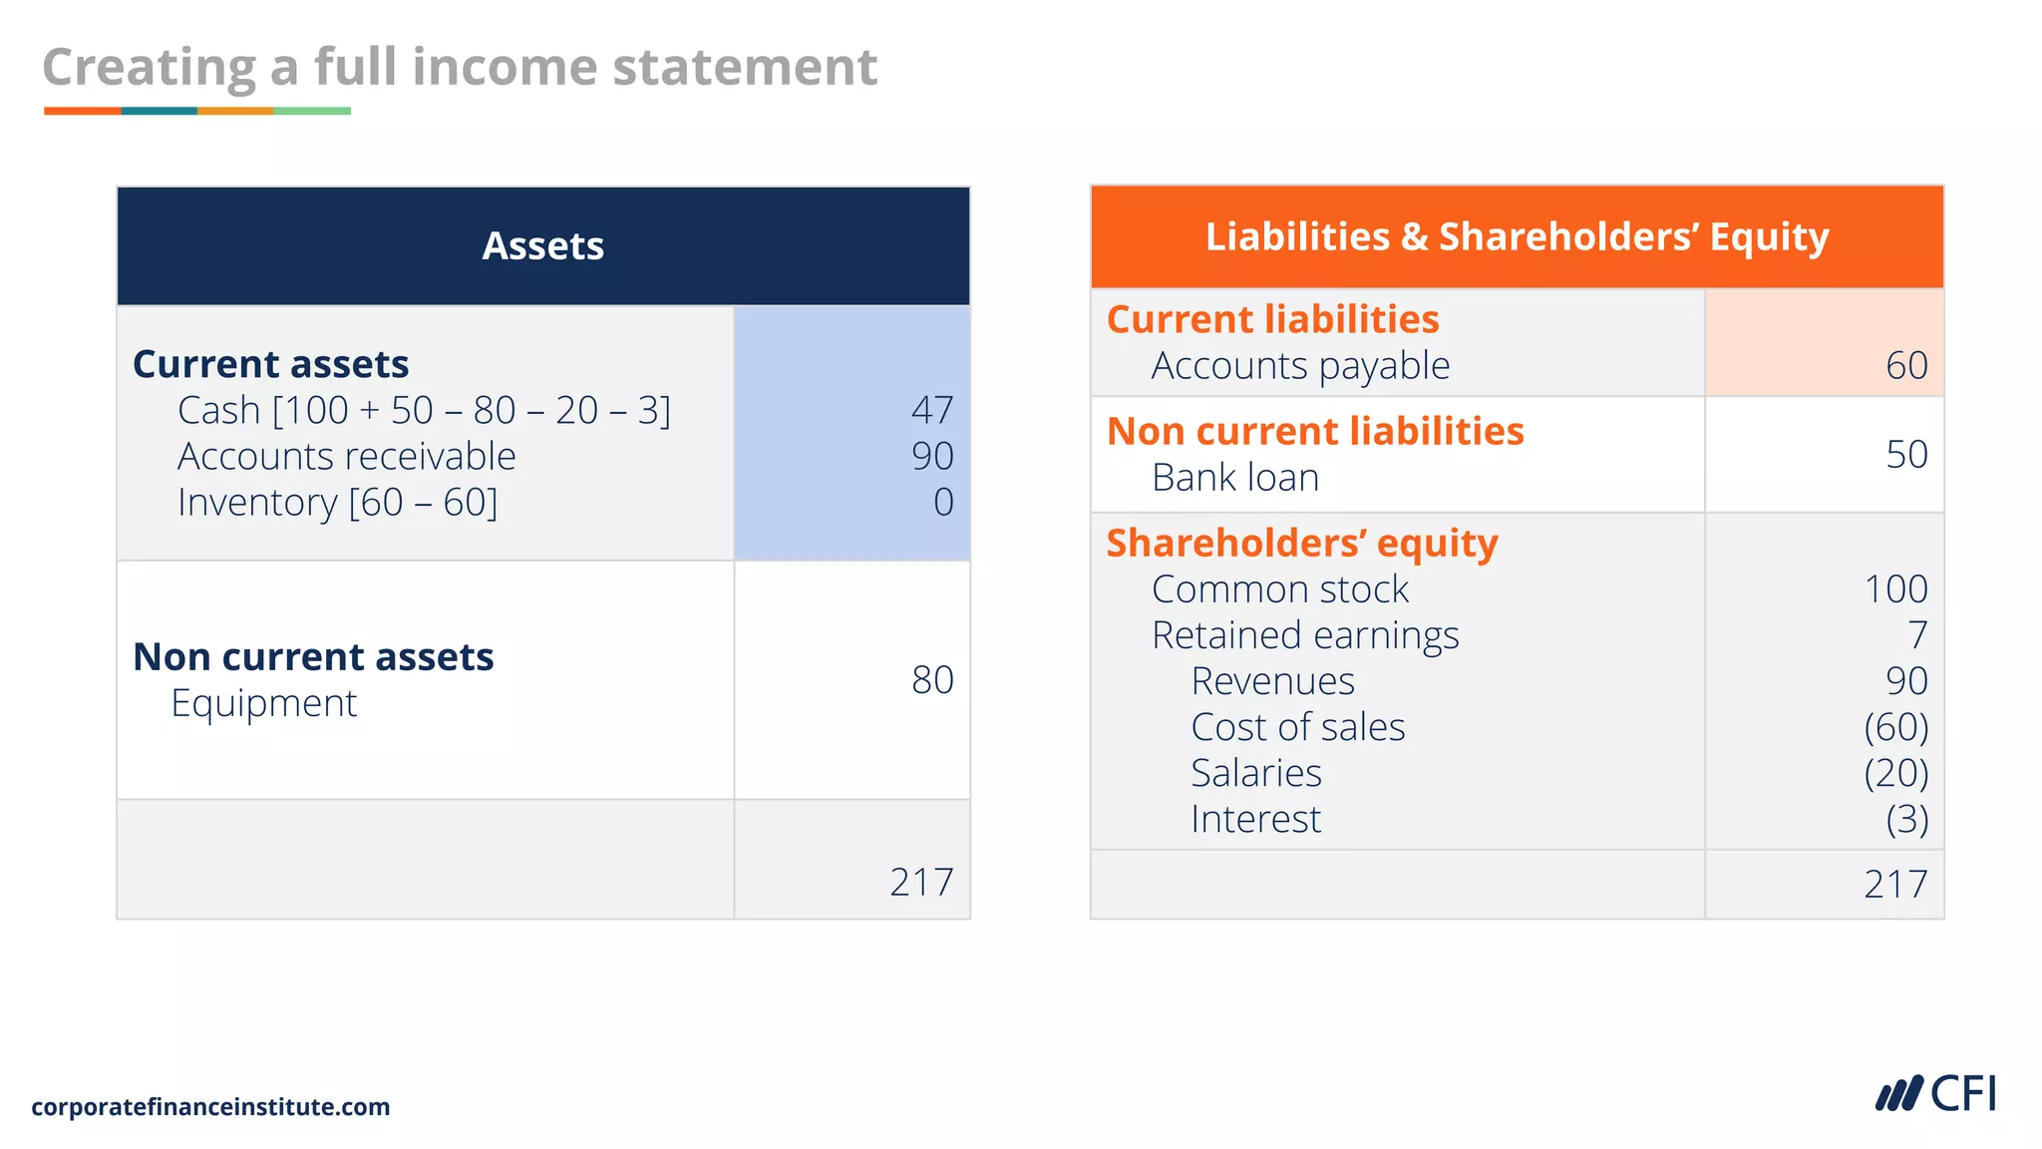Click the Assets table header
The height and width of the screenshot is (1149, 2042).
coord(542,245)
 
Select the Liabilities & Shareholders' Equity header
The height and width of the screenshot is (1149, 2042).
coord(1517,236)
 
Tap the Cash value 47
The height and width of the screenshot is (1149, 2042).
coord(931,410)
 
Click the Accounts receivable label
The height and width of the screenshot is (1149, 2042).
coord(346,456)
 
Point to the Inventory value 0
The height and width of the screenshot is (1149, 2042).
coord(942,502)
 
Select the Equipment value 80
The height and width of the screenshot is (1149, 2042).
coord(931,679)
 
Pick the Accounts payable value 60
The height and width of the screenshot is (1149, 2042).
coord(1905,365)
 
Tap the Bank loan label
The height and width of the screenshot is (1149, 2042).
coord(1234,478)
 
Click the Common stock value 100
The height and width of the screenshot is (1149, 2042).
coord(1894,588)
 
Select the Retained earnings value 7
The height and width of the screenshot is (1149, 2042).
coord(1916,634)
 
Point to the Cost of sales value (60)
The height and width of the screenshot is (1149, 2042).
coord(1894,726)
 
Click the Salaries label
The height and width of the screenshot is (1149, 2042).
coord(1255,773)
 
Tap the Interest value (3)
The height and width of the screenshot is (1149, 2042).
coord(1905,819)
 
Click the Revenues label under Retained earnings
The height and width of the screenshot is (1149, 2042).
coord(1272,681)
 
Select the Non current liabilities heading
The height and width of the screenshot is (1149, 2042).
coord(1314,431)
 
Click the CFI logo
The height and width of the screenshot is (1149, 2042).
coord(1935,1094)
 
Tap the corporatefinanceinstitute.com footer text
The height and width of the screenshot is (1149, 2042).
coord(210,1106)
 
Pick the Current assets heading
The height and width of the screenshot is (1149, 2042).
coord(270,364)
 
